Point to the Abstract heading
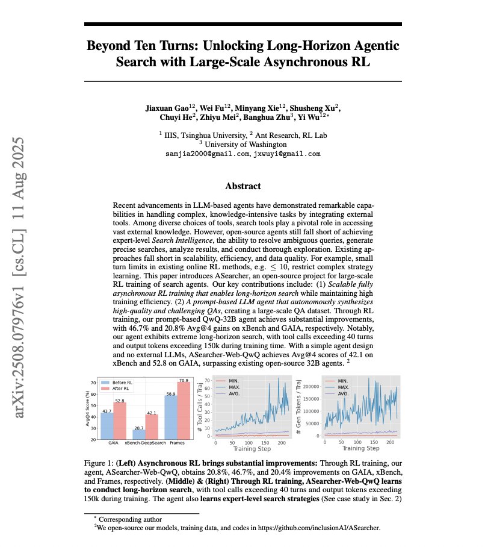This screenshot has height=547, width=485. click(242, 186)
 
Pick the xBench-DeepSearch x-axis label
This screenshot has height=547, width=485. click(146, 443)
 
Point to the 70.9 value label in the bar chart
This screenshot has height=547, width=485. click(183, 381)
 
